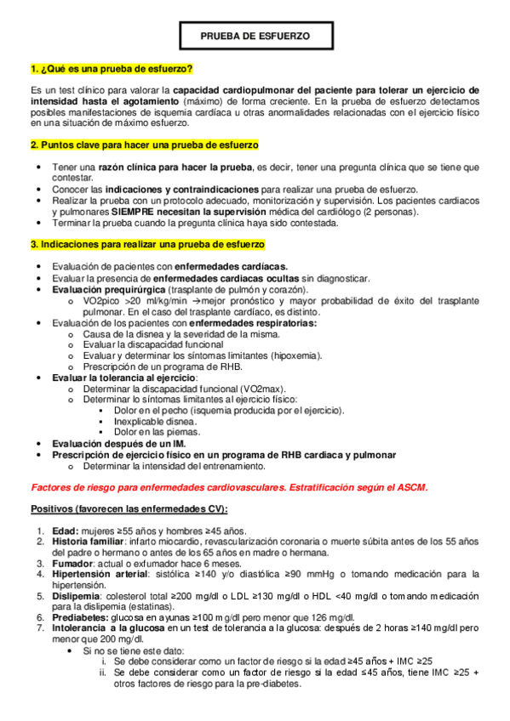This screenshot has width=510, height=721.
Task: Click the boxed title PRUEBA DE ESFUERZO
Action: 255,37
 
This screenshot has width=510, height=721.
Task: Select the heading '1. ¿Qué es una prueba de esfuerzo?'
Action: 111,68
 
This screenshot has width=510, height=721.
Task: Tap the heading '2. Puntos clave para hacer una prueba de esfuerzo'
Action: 144,145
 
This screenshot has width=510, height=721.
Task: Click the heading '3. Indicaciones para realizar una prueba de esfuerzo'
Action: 147,244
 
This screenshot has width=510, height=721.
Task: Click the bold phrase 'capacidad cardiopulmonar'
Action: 226,89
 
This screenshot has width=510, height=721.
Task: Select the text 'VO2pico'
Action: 101,301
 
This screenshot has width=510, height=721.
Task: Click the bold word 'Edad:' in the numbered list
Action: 65,531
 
